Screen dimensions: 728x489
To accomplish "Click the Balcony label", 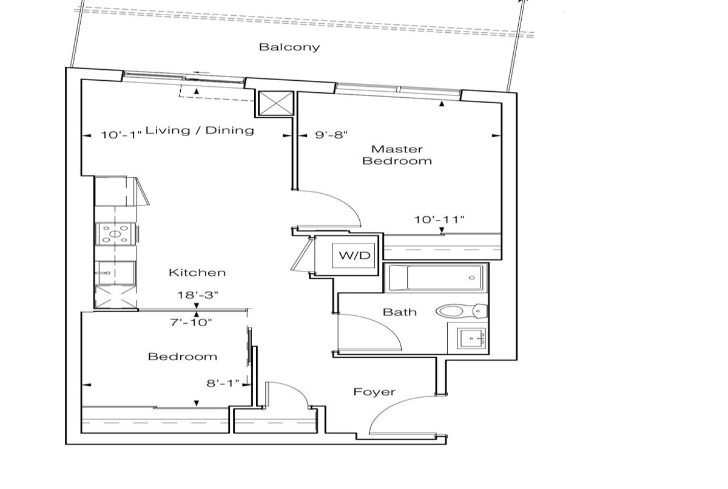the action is (x=289, y=47).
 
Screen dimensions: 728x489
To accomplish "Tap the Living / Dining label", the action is (x=200, y=131).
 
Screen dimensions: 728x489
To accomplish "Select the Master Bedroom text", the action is (x=397, y=155).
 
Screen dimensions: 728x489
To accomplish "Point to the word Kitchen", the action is (x=197, y=272).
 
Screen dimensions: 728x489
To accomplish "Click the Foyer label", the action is (x=374, y=392).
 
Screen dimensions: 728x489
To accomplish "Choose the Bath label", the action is (x=400, y=312).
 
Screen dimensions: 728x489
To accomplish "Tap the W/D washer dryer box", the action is (x=353, y=256).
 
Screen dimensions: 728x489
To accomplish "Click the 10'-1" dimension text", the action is (x=122, y=135).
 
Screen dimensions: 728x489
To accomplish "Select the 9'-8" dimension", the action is (x=331, y=134).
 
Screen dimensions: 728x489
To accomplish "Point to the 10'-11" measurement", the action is (x=439, y=219).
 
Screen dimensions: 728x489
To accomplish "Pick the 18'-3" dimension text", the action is (x=197, y=295).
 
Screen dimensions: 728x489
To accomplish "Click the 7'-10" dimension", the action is (x=190, y=323).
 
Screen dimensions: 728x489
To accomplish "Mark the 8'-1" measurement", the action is (x=223, y=383).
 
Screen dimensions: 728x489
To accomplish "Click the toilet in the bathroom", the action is (x=462, y=311).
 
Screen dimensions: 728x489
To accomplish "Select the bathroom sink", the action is (x=471, y=338).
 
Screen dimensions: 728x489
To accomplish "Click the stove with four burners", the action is (x=116, y=234).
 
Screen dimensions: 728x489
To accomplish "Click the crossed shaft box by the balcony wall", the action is (x=275, y=103).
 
